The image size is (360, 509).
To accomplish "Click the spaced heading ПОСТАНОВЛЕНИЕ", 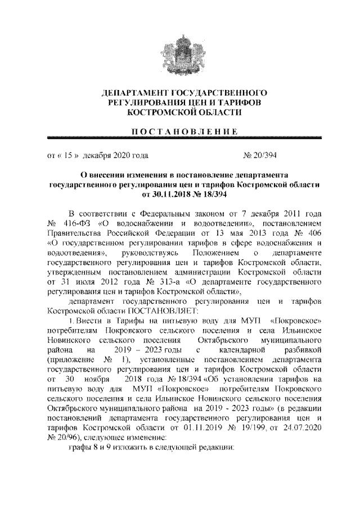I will [180, 131].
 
